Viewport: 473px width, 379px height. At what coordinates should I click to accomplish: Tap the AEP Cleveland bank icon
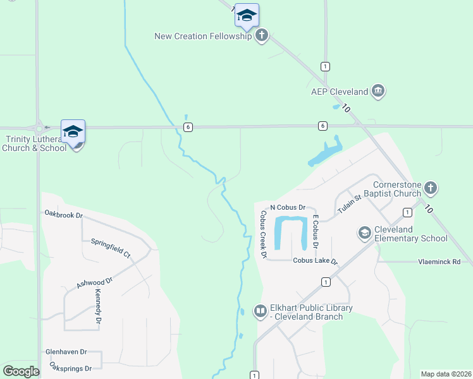pyautogui.click(x=378, y=92)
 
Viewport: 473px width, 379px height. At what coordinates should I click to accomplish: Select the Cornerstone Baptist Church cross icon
pyautogui.click(x=430, y=188)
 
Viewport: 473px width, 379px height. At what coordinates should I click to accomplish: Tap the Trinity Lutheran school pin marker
pyautogui.click(x=73, y=133)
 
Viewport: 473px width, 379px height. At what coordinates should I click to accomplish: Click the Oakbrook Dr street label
pyautogui.click(x=64, y=215)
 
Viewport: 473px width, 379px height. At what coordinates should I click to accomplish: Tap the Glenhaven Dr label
pyautogui.click(x=66, y=352)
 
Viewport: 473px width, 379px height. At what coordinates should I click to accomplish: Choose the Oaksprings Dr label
pyautogui.click(x=71, y=368)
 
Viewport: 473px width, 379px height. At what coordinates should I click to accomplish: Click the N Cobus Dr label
pyautogui.click(x=288, y=207)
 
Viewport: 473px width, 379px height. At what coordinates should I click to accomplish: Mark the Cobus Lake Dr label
pyautogui.click(x=315, y=260)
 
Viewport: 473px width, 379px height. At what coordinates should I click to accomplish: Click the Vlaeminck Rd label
pyautogui.click(x=439, y=261)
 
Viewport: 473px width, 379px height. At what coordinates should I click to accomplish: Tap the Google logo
pyautogui.click(x=21, y=371)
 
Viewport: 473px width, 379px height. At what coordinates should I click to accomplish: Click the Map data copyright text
pyautogui.click(x=446, y=374)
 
